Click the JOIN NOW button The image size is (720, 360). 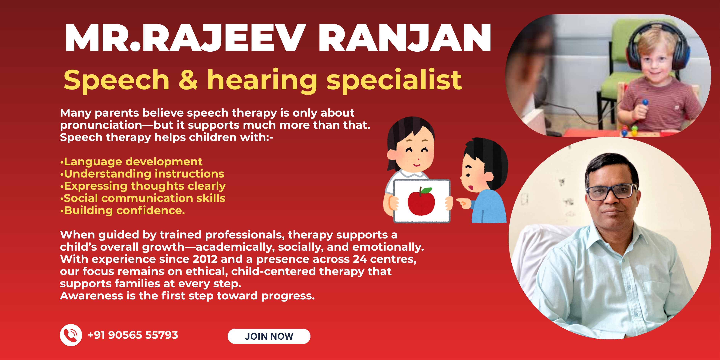(269, 336)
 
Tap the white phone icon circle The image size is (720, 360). (71, 335)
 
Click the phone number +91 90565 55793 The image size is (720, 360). (133, 335)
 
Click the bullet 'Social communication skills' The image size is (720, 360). (142, 198)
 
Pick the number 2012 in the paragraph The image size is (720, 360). (205, 259)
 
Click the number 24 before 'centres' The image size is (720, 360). (360, 259)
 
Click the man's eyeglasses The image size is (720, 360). (611, 192)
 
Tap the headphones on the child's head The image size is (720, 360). (658, 45)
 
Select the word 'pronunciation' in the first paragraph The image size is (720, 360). (101, 125)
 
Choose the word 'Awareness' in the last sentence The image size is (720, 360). (91, 296)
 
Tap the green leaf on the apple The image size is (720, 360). (426, 190)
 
